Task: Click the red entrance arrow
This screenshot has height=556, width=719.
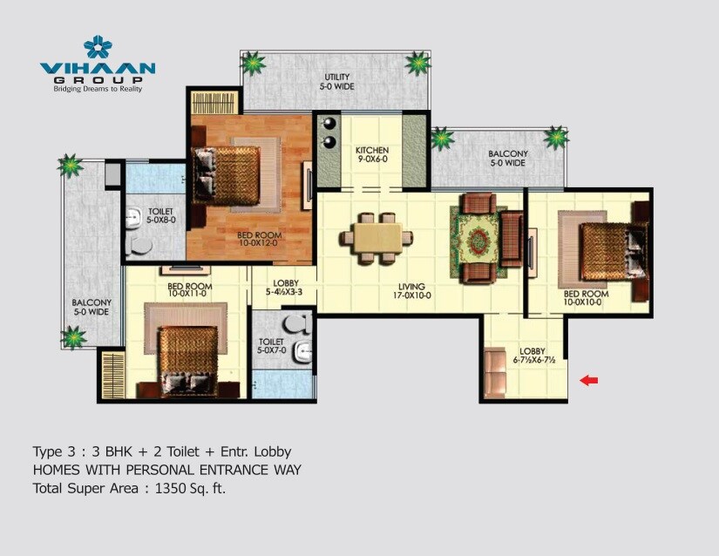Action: (590, 380)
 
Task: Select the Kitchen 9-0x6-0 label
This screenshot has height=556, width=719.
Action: (372, 156)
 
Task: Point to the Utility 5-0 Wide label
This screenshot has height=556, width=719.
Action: (337, 82)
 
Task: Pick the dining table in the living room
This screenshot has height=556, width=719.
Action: (377, 236)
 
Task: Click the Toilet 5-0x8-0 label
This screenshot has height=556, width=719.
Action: (160, 216)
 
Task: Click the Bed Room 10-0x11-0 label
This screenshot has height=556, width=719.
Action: (189, 290)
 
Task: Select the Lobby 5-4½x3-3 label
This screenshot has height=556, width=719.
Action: (287, 288)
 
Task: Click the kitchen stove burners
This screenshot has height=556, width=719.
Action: (330, 133)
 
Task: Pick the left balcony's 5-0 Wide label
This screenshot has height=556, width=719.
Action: (91, 308)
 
